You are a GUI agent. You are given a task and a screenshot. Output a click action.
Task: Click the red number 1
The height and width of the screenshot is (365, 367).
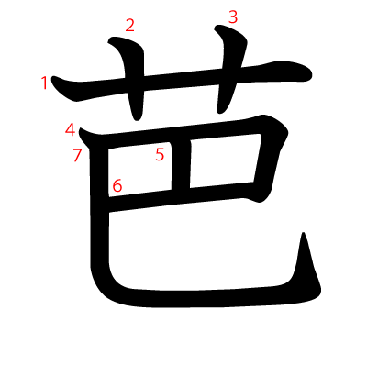(45, 83)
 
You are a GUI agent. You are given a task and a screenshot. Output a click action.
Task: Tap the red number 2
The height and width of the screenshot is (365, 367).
(129, 26)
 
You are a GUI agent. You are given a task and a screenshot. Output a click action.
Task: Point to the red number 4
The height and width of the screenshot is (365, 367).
(71, 129)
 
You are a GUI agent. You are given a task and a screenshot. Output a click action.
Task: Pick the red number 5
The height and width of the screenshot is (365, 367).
(160, 155)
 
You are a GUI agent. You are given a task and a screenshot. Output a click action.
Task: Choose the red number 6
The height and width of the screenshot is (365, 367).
(117, 187)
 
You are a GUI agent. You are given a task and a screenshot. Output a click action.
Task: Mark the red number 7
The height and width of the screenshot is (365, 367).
(78, 155)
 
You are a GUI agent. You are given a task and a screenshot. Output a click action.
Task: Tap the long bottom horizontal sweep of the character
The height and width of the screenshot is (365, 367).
(211, 297)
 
